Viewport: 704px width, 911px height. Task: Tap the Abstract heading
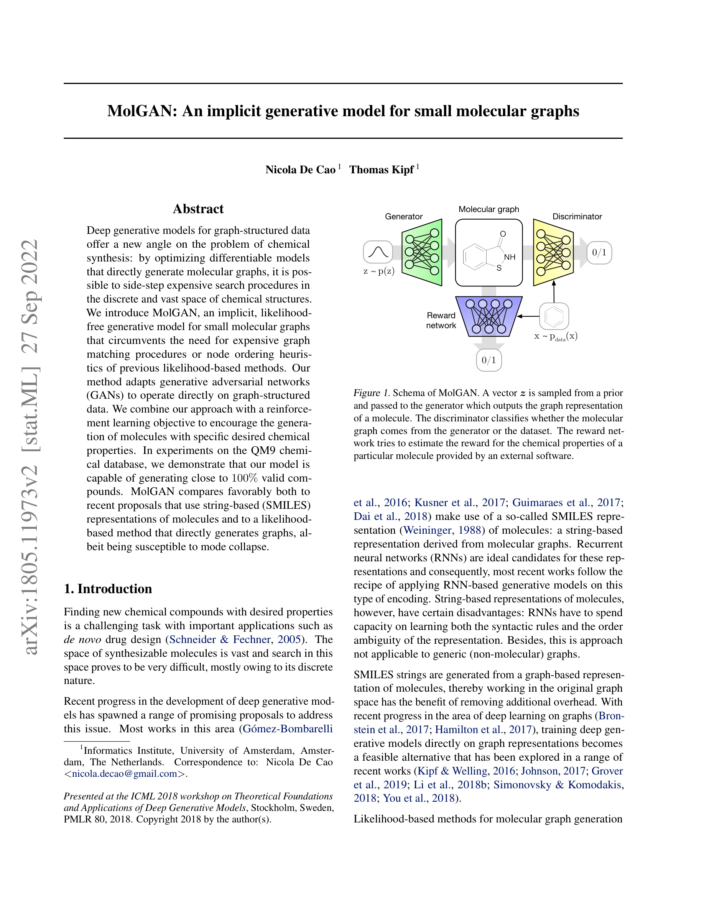click(x=198, y=209)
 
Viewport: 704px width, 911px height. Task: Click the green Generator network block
click(x=422, y=252)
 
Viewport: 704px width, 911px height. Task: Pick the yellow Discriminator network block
click(x=553, y=253)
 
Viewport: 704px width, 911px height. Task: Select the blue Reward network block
click(x=489, y=316)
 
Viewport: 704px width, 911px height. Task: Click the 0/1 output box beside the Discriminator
click(x=599, y=253)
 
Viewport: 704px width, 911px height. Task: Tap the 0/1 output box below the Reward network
click(x=489, y=360)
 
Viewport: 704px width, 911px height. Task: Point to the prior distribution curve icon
click(x=378, y=252)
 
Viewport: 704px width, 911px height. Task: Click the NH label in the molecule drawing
click(x=510, y=257)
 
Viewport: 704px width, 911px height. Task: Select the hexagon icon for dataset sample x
click(x=554, y=316)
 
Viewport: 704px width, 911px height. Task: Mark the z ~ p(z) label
click(x=379, y=271)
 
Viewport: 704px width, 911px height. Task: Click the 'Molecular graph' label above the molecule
click(x=489, y=209)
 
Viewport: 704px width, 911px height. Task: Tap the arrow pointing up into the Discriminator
click(x=554, y=291)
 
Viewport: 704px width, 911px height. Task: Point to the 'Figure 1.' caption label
click(x=371, y=393)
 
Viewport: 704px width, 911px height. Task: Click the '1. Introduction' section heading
click(x=108, y=589)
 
